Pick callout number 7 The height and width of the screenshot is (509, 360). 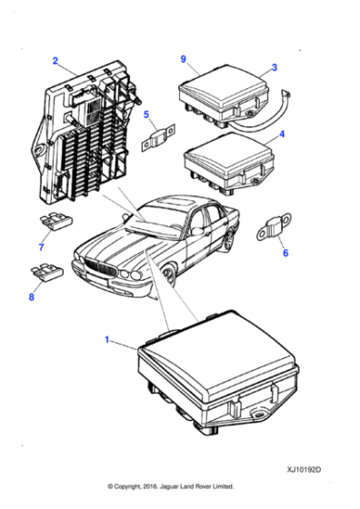40,246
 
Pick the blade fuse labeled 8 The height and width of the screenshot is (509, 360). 45,270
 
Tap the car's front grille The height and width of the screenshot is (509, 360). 102,267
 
